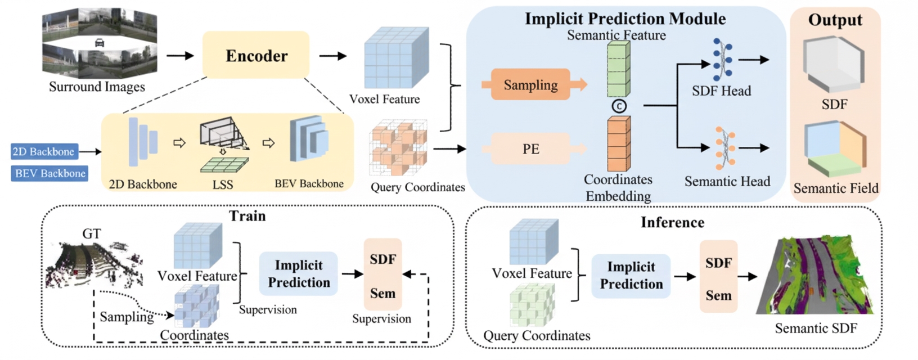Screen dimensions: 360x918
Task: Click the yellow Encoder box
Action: [x=256, y=55]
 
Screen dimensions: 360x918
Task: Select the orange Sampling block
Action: [x=530, y=85]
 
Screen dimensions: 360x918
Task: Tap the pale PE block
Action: [x=530, y=149]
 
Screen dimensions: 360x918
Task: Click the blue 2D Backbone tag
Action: [x=44, y=151]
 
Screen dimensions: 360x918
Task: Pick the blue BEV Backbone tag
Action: [x=49, y=173]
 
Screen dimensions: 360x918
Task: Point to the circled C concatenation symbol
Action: [x=619, y=106]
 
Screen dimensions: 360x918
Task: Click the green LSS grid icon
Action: [x=224, y=165]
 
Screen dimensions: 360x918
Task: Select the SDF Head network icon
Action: [x=722, y=60]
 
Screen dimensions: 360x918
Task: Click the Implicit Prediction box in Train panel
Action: [x=298, y=274]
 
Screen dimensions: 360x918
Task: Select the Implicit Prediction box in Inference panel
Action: [x=631, y=276]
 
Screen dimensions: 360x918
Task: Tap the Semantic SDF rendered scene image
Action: [x=818, y=276]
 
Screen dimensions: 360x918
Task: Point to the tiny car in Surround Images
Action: [x=100, y=43]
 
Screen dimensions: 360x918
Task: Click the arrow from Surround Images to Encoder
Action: [x=179, y=56]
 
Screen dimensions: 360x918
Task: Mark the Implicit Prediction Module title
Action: [x=625, y=19]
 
